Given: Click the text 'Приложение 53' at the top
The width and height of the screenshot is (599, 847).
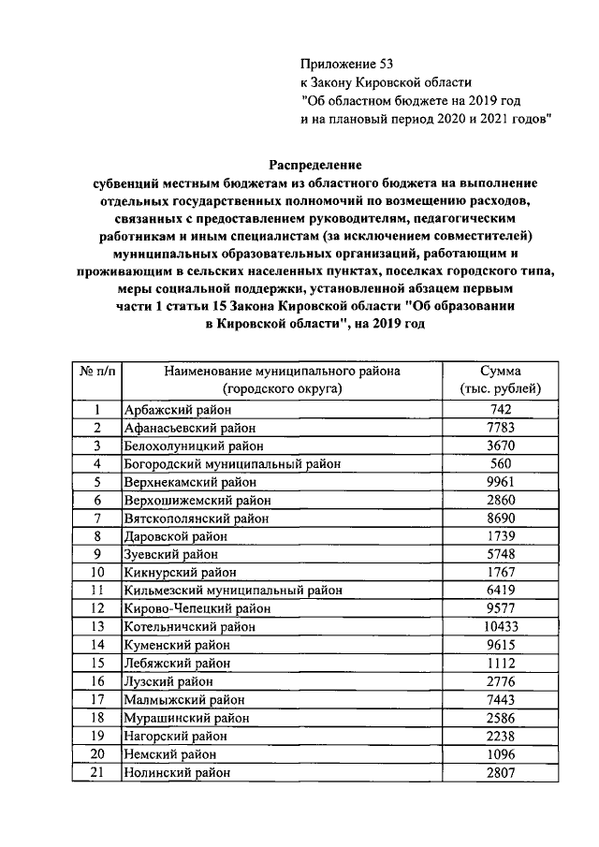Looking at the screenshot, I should coord(341,64).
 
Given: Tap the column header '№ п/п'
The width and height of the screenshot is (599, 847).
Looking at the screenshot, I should coord(96,371).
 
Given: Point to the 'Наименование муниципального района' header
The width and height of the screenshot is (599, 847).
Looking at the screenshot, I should coord(282,371).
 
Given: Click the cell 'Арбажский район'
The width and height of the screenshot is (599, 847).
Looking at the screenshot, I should coord(177,410).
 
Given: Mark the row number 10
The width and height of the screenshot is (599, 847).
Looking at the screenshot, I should coord(96,572).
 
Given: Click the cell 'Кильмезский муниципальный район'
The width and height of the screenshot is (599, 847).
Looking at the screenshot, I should coord(233,591).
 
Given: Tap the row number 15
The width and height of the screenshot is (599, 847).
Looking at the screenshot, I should coord(96,663).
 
